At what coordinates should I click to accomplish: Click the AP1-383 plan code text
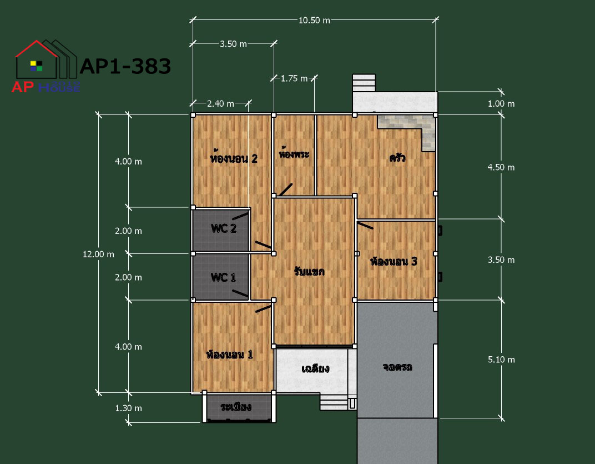click(x=125, y=67)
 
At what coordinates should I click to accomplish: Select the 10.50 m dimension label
click(x=314, y=21)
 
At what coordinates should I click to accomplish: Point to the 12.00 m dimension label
click(x=98, y=255)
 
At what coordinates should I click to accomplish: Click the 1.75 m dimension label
click(x=294, y=79)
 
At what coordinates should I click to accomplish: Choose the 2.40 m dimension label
click(x=220, y=104)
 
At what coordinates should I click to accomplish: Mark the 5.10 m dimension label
click(x=501, y=360)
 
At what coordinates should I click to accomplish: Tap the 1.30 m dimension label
click(x=128, y=408)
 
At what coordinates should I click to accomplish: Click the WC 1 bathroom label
click(x=223, y=277)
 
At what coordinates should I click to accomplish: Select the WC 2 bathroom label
click(x=224, y=228)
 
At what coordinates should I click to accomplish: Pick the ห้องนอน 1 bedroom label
click(x=229, y=355)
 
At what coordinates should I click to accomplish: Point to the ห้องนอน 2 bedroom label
click(x=233, y=158)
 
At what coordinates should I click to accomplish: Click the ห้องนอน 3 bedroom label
click(x=394, y=261)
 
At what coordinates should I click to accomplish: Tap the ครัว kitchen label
click(x=397, y=157)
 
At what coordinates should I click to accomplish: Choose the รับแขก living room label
click(x=309, y=271)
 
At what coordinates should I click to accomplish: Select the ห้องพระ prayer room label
click(x=294, y=153)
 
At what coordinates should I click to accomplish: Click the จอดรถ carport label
click(x=397, y=367)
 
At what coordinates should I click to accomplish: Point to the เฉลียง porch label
click(x=315, y=368)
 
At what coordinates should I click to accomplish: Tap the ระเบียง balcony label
click(x=236, y=407)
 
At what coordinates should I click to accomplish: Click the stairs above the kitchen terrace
click(x=364, y=83)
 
